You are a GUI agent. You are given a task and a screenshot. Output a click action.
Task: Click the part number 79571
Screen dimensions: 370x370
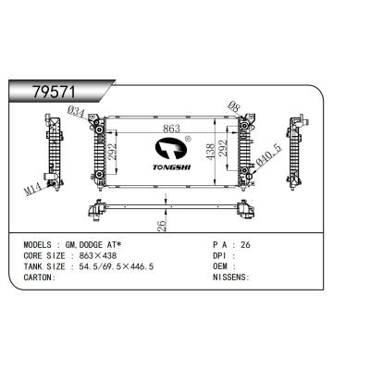point(54,92)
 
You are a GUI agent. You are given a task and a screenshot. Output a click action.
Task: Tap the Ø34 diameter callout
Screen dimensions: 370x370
point(76,112)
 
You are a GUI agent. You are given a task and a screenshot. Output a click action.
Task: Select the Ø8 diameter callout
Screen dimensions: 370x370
point(234,106)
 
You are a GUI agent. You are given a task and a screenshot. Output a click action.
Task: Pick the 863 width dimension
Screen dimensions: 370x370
point(171,129)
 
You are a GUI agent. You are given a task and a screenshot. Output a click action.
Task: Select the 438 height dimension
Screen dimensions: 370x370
point(210,152)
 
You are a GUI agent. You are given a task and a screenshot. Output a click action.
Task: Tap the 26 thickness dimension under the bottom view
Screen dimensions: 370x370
point(162,225)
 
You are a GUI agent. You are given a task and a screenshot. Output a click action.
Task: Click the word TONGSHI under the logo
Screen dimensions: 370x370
point(172,166)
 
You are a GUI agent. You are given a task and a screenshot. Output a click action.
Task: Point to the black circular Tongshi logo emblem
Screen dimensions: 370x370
point(171,149)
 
